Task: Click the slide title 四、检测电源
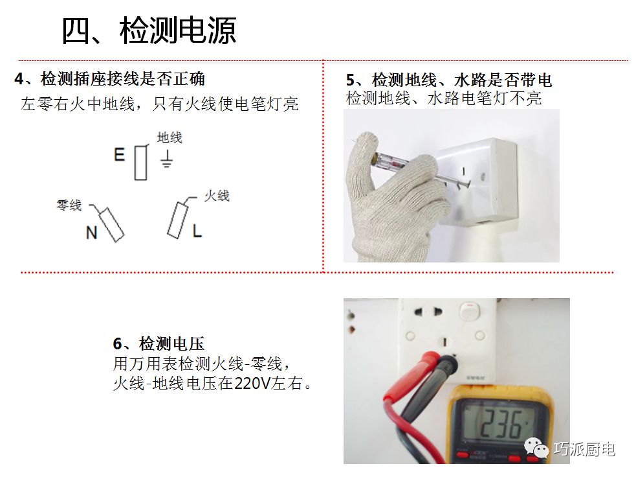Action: point(149,30)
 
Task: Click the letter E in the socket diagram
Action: point(119,155)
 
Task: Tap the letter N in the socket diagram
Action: point(92,233)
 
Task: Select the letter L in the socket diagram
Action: point(197,231)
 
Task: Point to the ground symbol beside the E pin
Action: point(166,159)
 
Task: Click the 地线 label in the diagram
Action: point(170,137)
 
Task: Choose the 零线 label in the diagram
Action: point(69,205)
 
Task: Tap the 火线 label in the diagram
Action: point(217,196)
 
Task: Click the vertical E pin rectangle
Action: point(141,163)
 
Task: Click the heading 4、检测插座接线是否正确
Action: point(109,78)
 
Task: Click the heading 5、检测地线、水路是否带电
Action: point(449,80)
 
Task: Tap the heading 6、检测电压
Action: point(159,343)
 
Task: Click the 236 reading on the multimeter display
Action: point(501,425)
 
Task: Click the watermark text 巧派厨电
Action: point(584,449)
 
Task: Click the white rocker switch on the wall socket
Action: point(470,311)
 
